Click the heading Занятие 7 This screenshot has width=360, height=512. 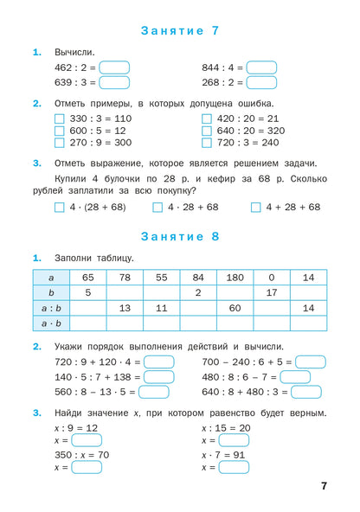pos(179,30)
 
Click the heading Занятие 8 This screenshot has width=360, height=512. pos(179,236)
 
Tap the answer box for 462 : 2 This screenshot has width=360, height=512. pos(114,67)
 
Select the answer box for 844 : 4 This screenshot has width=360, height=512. pos(261,67)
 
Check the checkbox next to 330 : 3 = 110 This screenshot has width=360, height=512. pos(59,119)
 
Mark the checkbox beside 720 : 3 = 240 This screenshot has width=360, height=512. pos(207,143)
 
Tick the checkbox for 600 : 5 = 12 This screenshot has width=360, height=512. pos(59,131)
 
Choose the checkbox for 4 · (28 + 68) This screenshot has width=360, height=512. pos(59,208)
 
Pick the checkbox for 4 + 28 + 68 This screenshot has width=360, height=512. pos(255,208)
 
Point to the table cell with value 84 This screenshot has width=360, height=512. pos(198,277)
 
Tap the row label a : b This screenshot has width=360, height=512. pos(51,308)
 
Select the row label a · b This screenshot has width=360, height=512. pos(51,323)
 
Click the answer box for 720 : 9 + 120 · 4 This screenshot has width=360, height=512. pos(158,362)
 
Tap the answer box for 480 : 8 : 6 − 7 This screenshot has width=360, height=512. pos(295,377)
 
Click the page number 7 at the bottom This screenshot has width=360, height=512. pos(324,486)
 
